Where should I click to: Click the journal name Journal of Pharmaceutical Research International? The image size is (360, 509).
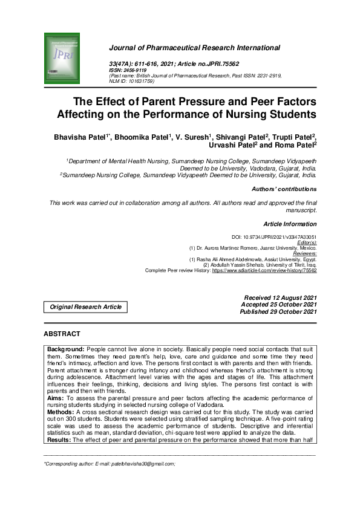pyautogui.click(x=194, y=48)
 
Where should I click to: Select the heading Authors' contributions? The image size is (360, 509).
pyautogui.click(x=284, y=189)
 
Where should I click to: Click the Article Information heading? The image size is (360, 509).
pyautogui.click(x=290, y=224)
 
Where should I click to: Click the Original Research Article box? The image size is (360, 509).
pyautogui.click(x=86, y=307)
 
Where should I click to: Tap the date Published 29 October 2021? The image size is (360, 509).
pyautogui.click(x=278, y=312)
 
